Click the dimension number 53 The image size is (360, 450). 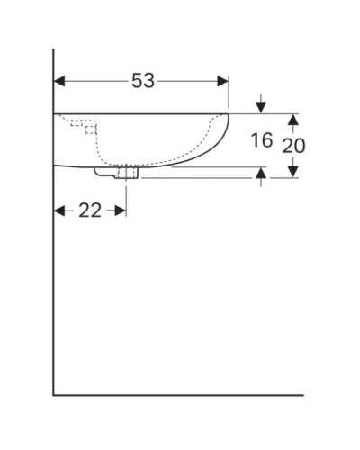coord(143,81)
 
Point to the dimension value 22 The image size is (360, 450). coord(90,211)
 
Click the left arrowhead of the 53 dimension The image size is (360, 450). coord(59,81)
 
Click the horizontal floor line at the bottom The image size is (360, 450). coord(180,394)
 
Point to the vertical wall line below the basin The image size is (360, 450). coord(53,288)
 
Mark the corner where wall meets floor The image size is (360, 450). coord(53,394)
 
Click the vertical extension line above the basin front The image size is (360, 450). coord(229,94)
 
